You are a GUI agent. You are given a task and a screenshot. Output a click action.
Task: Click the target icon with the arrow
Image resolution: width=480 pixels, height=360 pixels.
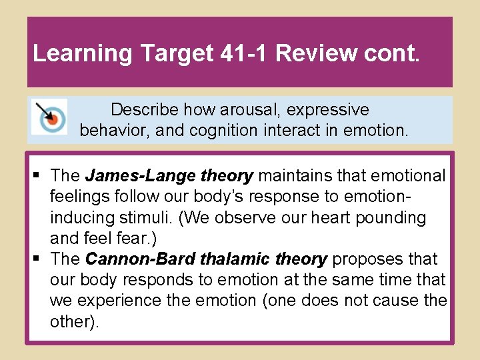coord(49,117)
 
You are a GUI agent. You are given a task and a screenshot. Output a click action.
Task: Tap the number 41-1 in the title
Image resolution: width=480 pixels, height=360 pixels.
coord(242,53)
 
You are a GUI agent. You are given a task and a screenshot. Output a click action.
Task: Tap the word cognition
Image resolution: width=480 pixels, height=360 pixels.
coord(223,130)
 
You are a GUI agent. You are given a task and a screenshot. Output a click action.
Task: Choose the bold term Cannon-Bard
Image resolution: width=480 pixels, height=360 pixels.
coord(137,259)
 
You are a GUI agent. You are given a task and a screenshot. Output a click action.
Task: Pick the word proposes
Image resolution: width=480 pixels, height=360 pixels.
coord(363,259)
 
